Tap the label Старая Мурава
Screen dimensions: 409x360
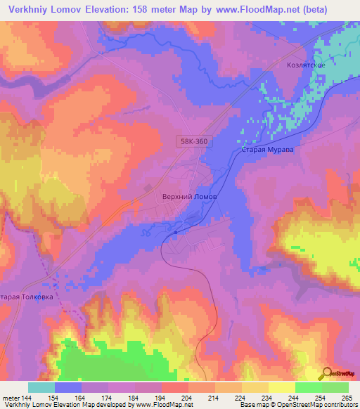coord(266,150)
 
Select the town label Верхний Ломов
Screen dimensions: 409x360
coord(186,197)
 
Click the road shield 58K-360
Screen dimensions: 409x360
coord(193,142)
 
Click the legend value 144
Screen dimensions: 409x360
coord(28,398)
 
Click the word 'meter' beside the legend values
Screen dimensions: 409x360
coord(10,398)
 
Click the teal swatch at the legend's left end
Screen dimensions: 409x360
coord(41,387)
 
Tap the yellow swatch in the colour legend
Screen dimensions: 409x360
coord(282,387)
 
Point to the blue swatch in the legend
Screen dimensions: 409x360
coord(68,387)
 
